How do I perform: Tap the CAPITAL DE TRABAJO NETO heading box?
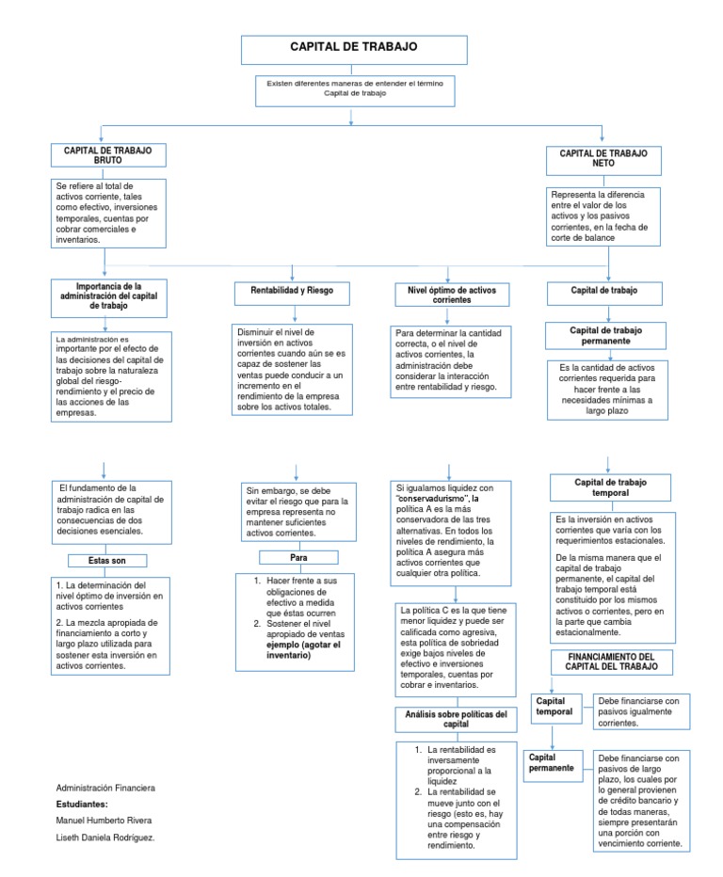603,157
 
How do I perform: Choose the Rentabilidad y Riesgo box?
291,292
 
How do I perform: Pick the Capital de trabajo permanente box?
604,335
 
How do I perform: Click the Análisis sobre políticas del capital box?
456,720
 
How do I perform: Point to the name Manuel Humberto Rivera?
104,821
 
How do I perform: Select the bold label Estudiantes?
83,805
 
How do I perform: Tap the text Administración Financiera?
106,787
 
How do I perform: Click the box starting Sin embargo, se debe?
297,511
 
